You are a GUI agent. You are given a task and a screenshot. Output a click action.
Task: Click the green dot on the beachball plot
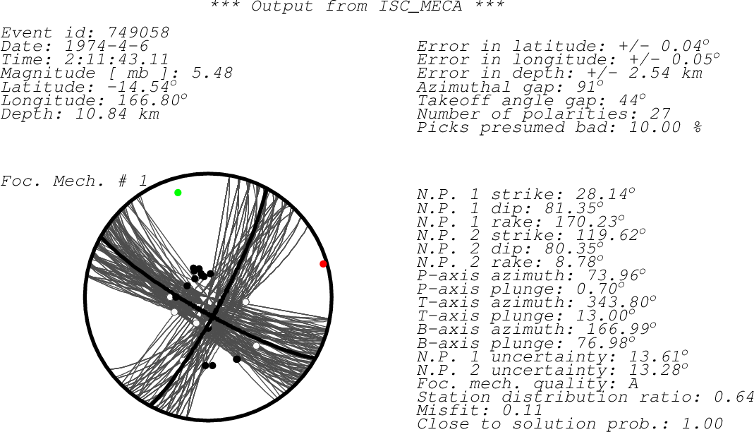coord(178,193)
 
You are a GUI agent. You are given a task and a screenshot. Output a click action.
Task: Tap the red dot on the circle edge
coord(323,264)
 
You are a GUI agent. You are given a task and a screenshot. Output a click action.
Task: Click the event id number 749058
coord(138,32)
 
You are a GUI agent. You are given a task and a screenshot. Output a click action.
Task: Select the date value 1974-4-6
coord(107,46)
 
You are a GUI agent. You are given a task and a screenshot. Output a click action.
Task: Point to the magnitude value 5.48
coord(212,73)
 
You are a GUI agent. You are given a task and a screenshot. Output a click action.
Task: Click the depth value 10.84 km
coord(117,114)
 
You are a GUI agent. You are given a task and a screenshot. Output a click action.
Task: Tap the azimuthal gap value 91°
coord(589,87)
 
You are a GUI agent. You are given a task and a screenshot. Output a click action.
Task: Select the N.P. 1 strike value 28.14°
coord(605,194)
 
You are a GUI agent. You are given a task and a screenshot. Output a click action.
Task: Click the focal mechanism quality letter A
coord(633,383)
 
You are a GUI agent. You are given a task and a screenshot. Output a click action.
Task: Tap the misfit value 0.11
coord(523,410)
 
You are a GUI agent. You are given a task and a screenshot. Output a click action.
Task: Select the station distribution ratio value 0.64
coord(734,397)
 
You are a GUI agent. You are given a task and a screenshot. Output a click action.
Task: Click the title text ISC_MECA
coord(420,6)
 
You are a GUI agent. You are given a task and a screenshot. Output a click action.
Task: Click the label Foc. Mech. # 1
coord(73,181)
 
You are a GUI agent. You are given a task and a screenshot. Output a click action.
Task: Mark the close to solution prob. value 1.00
coord(703,424)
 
